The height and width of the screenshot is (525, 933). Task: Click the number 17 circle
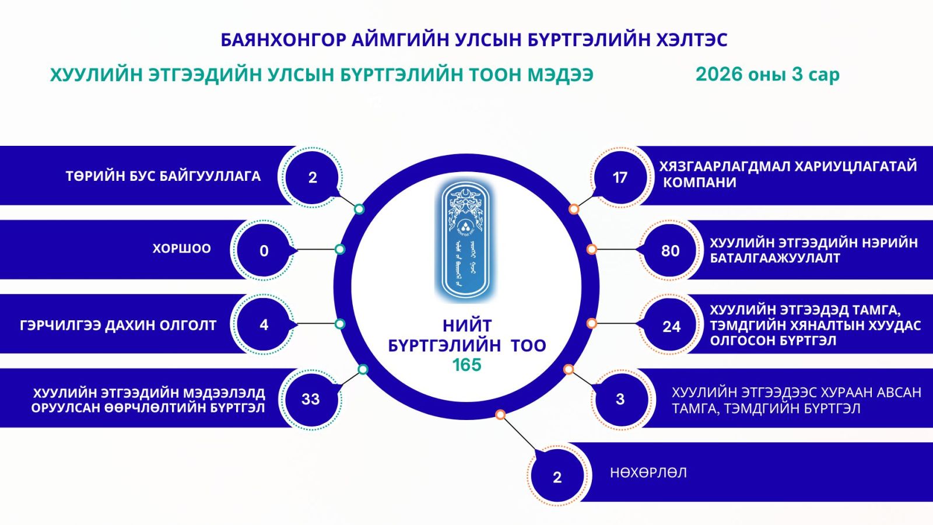click(x=620, y=177)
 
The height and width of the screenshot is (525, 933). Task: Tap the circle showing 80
click(x=670, y=251)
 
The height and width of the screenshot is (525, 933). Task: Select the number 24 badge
click(x=671, y=326)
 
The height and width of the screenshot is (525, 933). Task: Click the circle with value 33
click(x=310, y=399)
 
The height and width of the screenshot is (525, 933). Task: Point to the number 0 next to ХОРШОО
click(x=264, y=251)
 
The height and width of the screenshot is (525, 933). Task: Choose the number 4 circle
click(x=264, y=325)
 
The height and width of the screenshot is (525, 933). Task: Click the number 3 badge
click(x=620, y=399)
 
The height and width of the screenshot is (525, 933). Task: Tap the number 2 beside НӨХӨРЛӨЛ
click(x=557, y=477)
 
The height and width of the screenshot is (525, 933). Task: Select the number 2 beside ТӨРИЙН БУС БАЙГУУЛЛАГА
click(x=313, y=177)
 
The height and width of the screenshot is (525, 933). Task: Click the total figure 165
click(x=466, y=365)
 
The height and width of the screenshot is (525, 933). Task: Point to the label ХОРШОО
click(x=181, y=249)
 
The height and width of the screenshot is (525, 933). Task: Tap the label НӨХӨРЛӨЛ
click(x=648, y=473)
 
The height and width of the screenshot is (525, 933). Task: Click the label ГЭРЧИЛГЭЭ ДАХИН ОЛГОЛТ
click(x=118, y=325)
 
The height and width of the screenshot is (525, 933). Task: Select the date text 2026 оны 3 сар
click(x=767, y=75)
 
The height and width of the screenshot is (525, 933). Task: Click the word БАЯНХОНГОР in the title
click(x=283, y=40)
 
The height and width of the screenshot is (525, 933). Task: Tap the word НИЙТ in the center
click(x=466, y=325)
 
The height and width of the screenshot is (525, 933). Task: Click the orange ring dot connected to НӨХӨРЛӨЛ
click(x=500, y=414)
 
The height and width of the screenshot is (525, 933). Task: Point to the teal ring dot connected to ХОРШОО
click(x=340, y=249)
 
